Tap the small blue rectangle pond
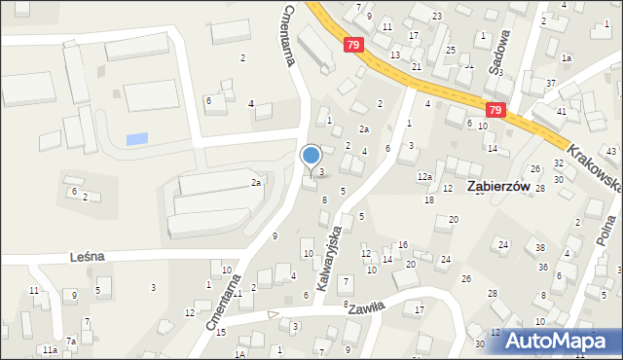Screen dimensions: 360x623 pyautogui.click(x=138, y=139)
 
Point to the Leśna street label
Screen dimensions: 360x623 pyautogui.click(x=89, y=257)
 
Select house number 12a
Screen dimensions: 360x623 pyautogui.click(x=424, y=176)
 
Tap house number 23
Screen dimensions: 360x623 pyautogui.click(x=437, y=17)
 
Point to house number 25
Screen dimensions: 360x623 pyautogui.click(x=450, y=50)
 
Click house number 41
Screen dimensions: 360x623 pyautogui.click(x=562, y=112)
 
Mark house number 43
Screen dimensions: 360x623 pyautogui.click(x=611, y=152)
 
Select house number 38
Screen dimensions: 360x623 pyautogui.click(x=540, y=249)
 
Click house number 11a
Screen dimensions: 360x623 pyautogui.click(x=49, y=349)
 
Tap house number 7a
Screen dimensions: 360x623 pyautogui.click(x=70, y=342)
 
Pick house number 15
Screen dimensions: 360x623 pyautogui.click(x=221, y=333)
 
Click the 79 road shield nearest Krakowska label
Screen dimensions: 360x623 pyautogui.click(x=496, y=111)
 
